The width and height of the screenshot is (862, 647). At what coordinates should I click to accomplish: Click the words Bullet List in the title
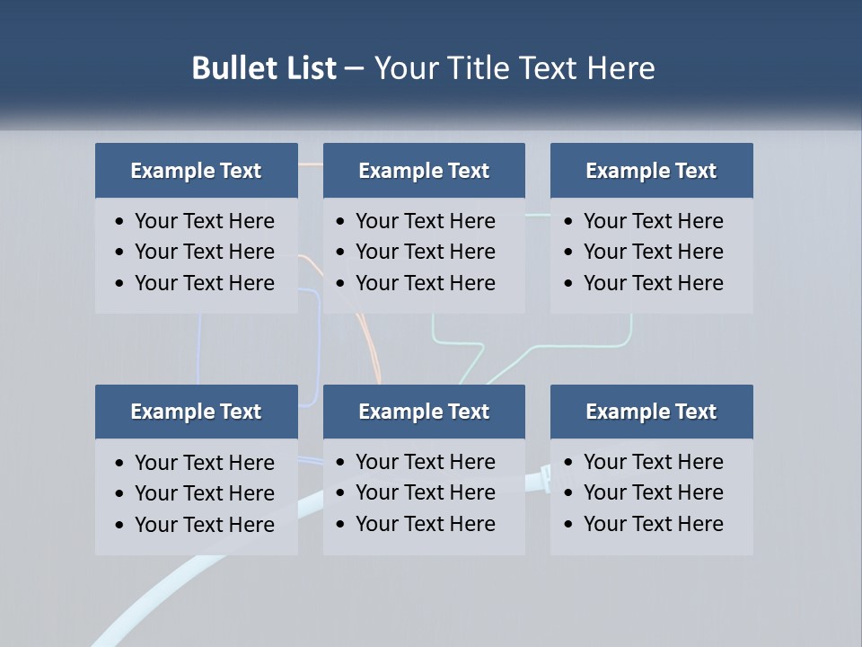(x=264, y=68)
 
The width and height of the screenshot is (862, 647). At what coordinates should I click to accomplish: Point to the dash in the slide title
(x=355, y=69)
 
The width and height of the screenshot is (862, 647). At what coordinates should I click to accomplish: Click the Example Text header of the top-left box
(x=196, y=171)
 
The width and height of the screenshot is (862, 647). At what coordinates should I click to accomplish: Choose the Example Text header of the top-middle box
(x=424, y=171)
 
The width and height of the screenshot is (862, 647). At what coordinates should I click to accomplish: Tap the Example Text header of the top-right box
(x=651, y=171)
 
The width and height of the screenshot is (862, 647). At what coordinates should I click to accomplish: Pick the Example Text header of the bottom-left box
(x=196, y=412)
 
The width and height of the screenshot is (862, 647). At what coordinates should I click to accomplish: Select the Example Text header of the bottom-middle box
(x=424, y=412)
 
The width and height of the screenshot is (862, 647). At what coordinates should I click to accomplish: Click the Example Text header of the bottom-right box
(x=651, y=412)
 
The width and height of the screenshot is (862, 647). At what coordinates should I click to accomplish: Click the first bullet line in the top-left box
(x=204, y=221)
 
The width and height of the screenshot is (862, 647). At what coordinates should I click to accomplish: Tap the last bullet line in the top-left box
(x=204, y=283)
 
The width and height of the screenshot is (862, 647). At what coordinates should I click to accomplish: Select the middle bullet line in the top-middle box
(x=425, y=252)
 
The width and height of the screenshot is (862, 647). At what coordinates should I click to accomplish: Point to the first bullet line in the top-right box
(x=653, y=221)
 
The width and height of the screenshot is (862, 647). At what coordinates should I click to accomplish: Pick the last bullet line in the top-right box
(x=653, y=283)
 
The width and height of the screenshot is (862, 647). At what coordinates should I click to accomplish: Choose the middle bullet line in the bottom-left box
(x=204, y=493)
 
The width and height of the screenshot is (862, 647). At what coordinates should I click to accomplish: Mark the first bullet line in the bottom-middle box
(x=425, y=462)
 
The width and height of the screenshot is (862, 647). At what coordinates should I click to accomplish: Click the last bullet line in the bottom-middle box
(x=425, y=524)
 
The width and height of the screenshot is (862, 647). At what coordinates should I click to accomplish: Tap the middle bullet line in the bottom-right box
(x=653, y=492)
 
